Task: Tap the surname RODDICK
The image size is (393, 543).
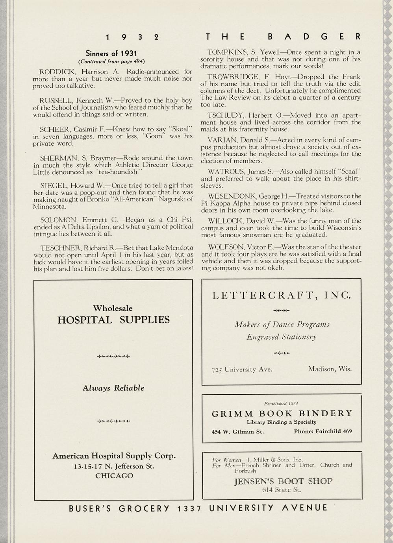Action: click(59, 72)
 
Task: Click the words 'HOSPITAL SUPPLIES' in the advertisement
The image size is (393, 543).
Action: click(113, 320)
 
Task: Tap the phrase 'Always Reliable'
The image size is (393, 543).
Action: click(113, 388)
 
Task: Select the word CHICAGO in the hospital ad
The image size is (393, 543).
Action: click(114, 476)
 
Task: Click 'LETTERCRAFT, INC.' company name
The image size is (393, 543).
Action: click(281, 295)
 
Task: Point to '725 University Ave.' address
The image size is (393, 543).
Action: click(242, 369)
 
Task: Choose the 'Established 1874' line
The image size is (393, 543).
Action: click(281, 403)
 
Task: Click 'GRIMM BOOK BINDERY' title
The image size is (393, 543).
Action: click(282, 414)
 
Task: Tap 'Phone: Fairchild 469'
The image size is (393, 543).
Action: click(323, 431)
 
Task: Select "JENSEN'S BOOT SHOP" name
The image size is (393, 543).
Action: click(283, 481)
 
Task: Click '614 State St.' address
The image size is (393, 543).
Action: click(282, 490)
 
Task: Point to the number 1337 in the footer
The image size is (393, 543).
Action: click(189, 508)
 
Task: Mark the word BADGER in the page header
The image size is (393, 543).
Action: click(314, 37)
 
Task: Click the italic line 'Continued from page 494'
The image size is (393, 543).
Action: click(111, 61)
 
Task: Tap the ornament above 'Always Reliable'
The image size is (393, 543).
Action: click(113, 356)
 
